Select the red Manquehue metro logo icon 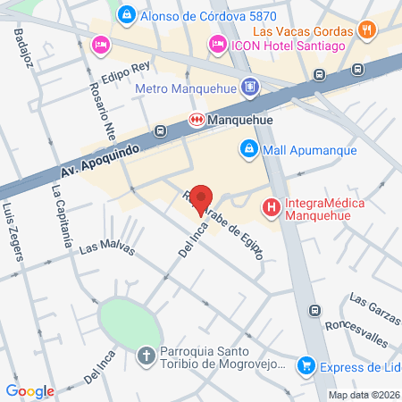point(197,119)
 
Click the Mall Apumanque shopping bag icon point(247,148)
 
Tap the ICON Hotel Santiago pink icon point(217,44)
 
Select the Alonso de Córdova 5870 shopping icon point(127,15)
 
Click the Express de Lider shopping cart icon point(306,364)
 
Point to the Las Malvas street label point(106,246)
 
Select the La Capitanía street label point(61,215)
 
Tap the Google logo point(29,390)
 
